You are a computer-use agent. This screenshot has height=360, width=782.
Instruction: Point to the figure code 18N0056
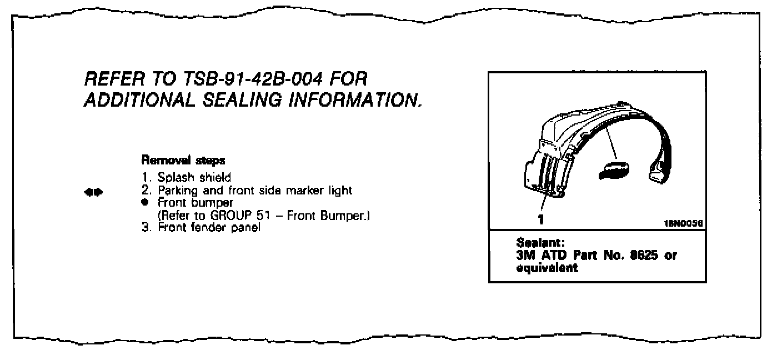click(x=684, y=221)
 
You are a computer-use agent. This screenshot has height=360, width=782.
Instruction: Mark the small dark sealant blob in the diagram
click(x=612, y=169)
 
